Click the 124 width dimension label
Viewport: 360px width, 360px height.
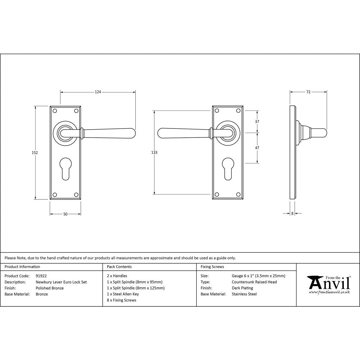98,92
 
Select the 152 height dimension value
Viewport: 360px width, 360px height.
35,153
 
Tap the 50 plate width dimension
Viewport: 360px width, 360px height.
65,214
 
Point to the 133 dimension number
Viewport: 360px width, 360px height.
154,153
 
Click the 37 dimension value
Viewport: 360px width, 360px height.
257,122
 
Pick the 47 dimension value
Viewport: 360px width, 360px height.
257,148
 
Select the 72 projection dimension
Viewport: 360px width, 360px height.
308,92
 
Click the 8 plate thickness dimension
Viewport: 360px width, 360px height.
292,213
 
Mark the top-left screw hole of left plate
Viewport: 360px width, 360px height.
55,111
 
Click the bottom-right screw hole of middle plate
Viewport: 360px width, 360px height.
239,195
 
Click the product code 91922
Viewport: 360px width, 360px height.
41,276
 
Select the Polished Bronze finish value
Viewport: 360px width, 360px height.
50,288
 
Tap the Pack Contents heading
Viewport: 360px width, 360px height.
119,267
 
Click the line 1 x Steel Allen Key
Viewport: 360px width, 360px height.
123,294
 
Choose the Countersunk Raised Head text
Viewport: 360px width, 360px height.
254,282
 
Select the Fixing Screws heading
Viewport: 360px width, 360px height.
212,267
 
